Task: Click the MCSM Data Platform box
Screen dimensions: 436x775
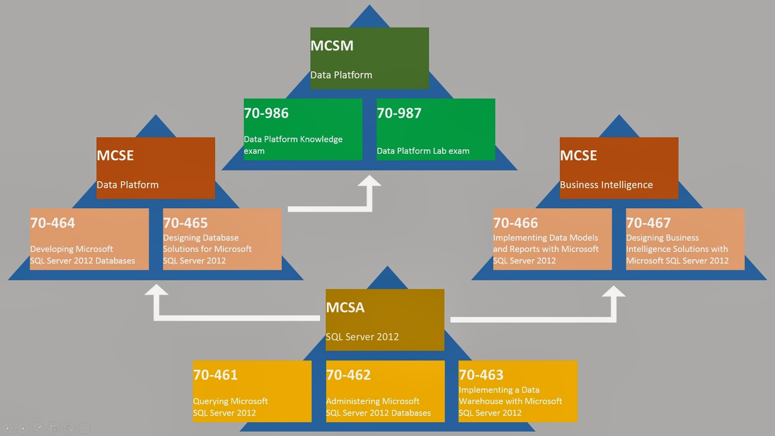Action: click(x=370, y=58)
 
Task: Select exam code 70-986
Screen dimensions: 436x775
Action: click(x=266, y=113)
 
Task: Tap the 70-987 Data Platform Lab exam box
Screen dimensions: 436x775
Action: click(x=435, y=129)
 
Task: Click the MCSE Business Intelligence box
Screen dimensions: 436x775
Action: click(x=619, y=168)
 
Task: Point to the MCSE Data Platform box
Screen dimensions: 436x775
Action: click(x=155, y=168)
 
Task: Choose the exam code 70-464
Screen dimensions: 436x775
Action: click(x=53, y=223)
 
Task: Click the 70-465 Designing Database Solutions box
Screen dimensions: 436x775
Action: click(x=222, y=239)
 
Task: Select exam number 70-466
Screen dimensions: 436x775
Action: click(x=515, y=223)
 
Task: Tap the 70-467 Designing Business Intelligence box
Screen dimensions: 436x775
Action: click(x=685, y=239)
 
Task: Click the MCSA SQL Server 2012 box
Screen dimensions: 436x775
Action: click(x=385, y=320)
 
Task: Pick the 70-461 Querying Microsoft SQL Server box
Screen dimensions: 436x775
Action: click(x=252, y=391)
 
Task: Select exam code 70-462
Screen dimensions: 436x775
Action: click(x=348, y=375)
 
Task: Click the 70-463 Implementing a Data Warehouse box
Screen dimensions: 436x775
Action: click(x=518, y=391)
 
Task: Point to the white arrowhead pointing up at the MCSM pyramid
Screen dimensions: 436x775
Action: click(x=370, y=181)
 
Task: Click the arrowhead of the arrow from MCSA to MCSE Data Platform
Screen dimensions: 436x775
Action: click(x=156, y=290)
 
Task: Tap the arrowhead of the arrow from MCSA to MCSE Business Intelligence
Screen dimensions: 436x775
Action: click(x=614, y=292)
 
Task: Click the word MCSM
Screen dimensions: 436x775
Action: click(x=332, y=46)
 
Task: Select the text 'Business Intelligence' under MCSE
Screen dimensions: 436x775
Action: click(x=606, y=185)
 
